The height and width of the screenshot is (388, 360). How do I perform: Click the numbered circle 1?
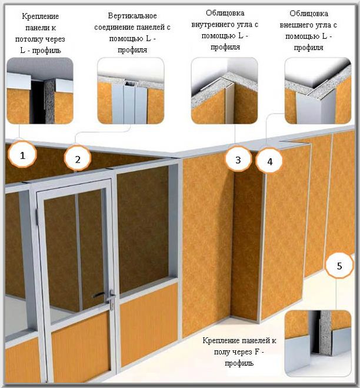coord(22,154)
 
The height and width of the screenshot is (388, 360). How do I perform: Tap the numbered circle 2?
coord(78,158)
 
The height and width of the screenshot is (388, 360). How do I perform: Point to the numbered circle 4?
coord(269,161)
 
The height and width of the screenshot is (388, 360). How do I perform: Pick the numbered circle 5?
coord(339,266)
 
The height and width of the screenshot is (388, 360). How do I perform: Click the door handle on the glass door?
coord(101,295)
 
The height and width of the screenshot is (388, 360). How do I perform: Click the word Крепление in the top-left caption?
coord(41,16)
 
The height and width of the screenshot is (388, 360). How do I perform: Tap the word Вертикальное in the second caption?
coord(132,15)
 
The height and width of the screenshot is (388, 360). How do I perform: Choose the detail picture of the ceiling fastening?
coord(40,91)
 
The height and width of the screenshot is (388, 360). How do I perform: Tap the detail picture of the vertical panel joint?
coord(131,91)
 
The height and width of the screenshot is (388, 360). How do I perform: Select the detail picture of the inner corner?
coord(225,91)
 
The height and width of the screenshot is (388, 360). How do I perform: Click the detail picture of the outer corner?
coord(318,91)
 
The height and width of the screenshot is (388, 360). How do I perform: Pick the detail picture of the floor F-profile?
coord(318,343)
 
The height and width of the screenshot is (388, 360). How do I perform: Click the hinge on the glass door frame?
coord(37,217)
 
